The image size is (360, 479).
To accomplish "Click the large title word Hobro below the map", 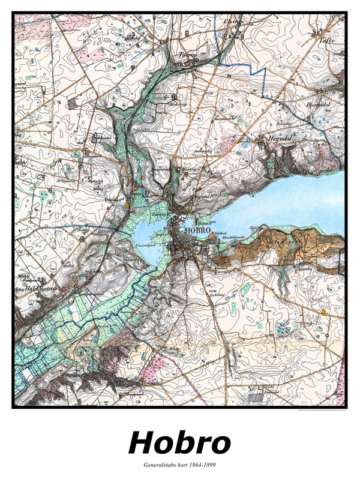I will click(x=179, y=443).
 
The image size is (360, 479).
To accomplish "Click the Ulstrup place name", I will click(x=233, y=21).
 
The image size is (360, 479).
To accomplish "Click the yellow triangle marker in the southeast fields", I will click(x=323, y=312).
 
